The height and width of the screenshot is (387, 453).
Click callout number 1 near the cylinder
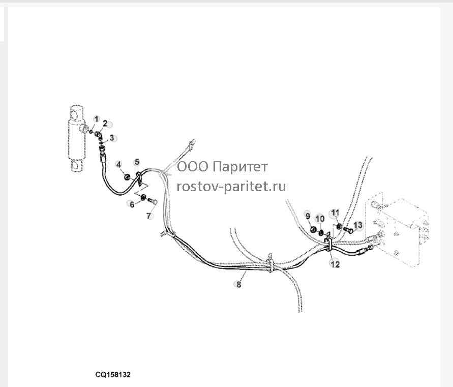[97, 119]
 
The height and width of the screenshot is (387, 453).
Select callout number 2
[105, 124]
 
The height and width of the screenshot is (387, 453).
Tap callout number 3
[112, 138]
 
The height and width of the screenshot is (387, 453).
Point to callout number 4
[118, 165]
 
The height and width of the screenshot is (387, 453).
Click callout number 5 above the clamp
[137, 162]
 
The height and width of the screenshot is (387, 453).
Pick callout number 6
[132, 204]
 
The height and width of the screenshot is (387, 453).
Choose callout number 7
[148, 216]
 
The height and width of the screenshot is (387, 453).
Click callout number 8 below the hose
[238, 285]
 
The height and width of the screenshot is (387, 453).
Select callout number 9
[308, 216]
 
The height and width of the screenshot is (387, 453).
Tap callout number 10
[320, 219]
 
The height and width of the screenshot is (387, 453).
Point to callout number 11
[335, 213]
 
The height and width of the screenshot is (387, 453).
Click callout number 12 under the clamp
[335, 264]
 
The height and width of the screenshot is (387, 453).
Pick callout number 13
[357, 225]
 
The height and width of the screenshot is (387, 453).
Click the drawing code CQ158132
[113, 375]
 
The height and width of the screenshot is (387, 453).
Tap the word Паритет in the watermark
[241, 167]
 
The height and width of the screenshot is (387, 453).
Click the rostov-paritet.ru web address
[231, 187]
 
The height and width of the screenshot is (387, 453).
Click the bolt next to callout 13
[348, 230]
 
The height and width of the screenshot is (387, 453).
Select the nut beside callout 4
[127, 176]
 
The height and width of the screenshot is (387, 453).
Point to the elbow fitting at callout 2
[99, 134]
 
